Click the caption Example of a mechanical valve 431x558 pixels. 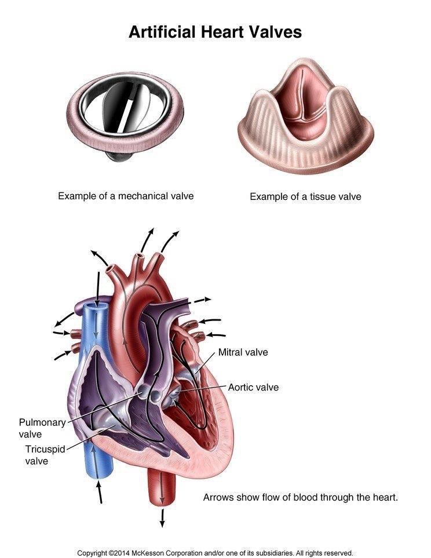click(126, 196)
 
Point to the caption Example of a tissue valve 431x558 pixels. click(305, 196)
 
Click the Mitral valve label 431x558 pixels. click(243, 352)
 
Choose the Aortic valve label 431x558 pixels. click(253, 387)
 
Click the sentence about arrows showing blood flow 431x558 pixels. click(300, 498)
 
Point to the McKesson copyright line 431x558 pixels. click(215, 553)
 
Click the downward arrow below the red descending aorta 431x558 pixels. click(162, 517)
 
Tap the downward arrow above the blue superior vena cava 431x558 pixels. click(98, 284)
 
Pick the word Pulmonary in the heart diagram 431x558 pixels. click(42, 422)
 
